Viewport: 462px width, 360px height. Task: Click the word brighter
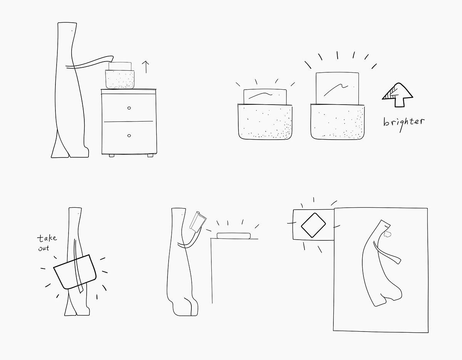click(x=404, y=122)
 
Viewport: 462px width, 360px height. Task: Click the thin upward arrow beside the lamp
click(x=146, y=67)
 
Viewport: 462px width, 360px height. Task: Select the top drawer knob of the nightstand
click(x=129, y=108)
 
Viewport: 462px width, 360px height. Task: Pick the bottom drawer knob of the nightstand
click(x=129, y=135)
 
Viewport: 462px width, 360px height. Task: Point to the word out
click(x=44, y=248)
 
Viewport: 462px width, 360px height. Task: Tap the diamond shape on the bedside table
click(x=313, y=224)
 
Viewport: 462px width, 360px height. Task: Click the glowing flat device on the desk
click(x=234, y=235)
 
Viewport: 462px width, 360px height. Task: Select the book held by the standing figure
click(x=198, y=222)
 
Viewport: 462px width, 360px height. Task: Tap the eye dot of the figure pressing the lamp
click(x=72, y=30)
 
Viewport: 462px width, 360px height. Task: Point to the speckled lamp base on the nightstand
click(x=120, y=80)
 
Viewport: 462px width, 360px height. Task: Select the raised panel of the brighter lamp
click(x=337, y=88)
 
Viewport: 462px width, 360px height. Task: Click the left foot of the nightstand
click(x=112, y=156)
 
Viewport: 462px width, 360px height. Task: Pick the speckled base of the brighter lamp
click(x=337, y=122)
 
